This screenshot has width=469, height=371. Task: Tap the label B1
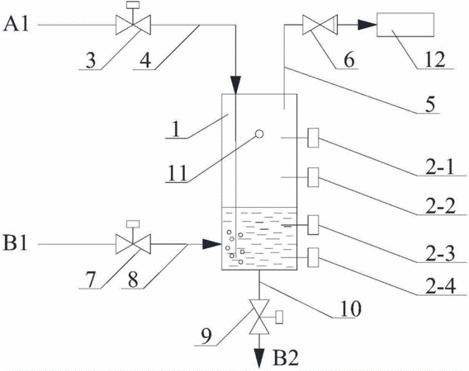tap(16, 243)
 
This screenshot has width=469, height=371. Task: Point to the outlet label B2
tap(286, 358)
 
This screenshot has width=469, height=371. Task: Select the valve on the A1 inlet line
tap(133, 21)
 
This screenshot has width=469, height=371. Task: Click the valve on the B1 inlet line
tap(133, 241)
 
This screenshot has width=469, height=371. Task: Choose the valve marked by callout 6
tap(320, 25)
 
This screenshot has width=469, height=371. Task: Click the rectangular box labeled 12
tap(405, 25)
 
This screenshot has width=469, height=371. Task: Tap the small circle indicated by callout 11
tap(259, 134)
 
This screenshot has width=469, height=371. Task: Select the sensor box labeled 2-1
tap(313, 138)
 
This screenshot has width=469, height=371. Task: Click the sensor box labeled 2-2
tap(313, 177)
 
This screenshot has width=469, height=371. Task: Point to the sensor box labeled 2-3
tap(313, 224)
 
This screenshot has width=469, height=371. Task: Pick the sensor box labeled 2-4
tap(313, 257)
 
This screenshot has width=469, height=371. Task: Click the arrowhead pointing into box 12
tap(367, 25)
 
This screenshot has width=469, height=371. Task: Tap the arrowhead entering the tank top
tap(235, 85)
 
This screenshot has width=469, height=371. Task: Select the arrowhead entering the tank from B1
tap(212, 244)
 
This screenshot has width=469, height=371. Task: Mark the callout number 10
tap(351, 308)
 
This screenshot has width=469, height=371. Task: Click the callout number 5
tap(430, 105)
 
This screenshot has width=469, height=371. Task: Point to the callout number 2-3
tap(440, 253)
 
